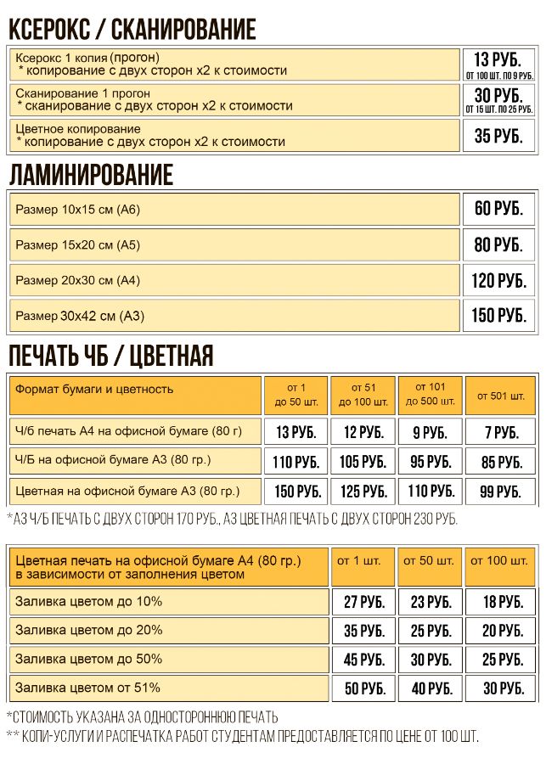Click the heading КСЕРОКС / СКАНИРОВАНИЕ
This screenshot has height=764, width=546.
pyautogui.click(x=132, y=29)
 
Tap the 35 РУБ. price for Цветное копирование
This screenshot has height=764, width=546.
pyautogui.click(x=498, y=136)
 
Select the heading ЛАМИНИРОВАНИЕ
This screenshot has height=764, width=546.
pyautogui.click(x=91, y=176)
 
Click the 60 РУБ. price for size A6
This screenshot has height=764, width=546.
pyautogui.click(x=498, y=209)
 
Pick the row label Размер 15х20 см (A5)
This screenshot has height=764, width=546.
pyautogui.click(x=77, y=245)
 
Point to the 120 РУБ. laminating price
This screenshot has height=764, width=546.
pyautogui.click(x=498, y=280)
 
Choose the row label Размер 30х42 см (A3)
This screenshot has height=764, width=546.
pyautogui.click(x=80, y=317)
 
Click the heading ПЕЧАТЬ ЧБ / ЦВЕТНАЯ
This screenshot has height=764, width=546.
pyautogui.click(x=110, y=356)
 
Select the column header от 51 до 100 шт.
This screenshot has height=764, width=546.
pyautogui.click(x=363, y=395)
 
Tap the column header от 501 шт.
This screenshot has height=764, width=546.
pyautogui.click(x=500, y=396)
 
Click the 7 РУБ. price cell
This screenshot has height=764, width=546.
pyautogui.click(x=501, y=433)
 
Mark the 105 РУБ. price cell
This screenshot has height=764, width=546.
pyautogui.click(x=363, y=463)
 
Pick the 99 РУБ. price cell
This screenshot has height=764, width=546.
pyautogui.click(x=501, y=492)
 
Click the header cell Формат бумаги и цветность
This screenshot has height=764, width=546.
pyautogui.click(x=94, y=390)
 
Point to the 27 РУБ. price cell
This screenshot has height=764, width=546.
pyautogui.click(x=363, y=603)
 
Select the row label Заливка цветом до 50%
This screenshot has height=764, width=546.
pyautogui.click(x=88, y=659)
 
